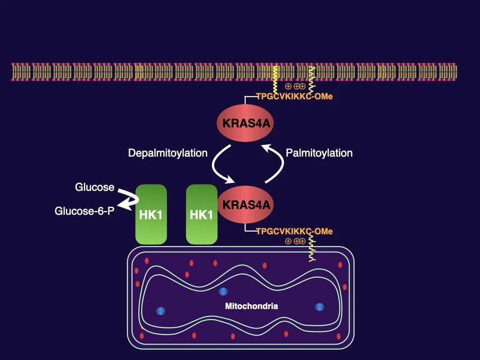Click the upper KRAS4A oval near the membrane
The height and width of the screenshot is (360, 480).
[x=245, y=124]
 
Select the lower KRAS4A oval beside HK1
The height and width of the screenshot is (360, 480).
[x=245, y=205]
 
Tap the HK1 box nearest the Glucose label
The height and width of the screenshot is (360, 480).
[x=151, y=215]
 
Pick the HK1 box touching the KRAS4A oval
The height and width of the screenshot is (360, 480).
[x=202, y=215]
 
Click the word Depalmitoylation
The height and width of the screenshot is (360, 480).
[x=168, y=153]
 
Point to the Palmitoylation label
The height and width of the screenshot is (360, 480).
[x=319, y=153]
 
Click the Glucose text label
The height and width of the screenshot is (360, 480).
[x=95, y=187]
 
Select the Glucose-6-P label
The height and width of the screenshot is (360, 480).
[x=84, y=211]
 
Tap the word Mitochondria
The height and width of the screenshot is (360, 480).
[x=252, y=307]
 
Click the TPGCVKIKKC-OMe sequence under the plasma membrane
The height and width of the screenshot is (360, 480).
[x=294, y=97]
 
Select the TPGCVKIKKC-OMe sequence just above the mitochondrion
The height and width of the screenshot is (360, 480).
[x=294, y=231]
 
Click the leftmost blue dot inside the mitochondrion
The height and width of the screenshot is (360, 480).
[x=161, y=310]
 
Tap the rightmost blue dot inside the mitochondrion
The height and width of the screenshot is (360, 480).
[x=320, y=307]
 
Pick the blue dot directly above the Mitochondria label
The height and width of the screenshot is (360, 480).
[x=224, y=292]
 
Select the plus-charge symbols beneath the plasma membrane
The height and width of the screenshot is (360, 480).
[x=295, y=86]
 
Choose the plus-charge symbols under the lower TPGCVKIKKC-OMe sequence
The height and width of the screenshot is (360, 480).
[x=295, y=241]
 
